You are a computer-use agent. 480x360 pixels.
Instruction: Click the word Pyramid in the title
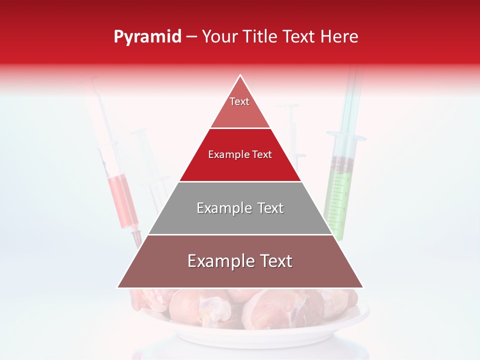tap(147, 37)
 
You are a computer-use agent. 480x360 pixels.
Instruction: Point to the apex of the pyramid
tap(240, 76)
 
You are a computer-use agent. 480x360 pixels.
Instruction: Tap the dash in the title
tap(191, 37)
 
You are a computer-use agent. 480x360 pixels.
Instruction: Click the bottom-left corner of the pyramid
tap(118, 287)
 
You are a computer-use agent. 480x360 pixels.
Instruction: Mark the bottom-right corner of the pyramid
tap(362, 287)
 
